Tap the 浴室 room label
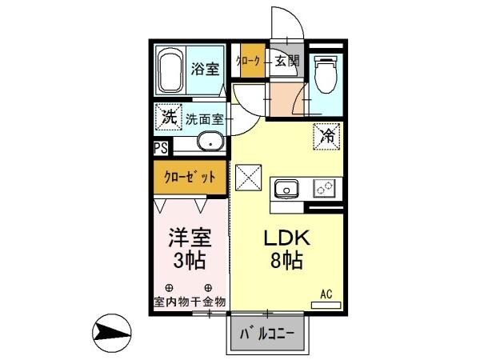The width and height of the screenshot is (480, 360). point(205,69)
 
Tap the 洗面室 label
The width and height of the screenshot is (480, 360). point(206,119)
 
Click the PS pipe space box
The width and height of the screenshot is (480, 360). point(161,148)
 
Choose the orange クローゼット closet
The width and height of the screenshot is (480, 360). point(190,178)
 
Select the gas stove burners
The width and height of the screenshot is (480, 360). point(325,189)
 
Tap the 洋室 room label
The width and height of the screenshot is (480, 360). point(190,238)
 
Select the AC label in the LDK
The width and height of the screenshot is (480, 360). point(326,294)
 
